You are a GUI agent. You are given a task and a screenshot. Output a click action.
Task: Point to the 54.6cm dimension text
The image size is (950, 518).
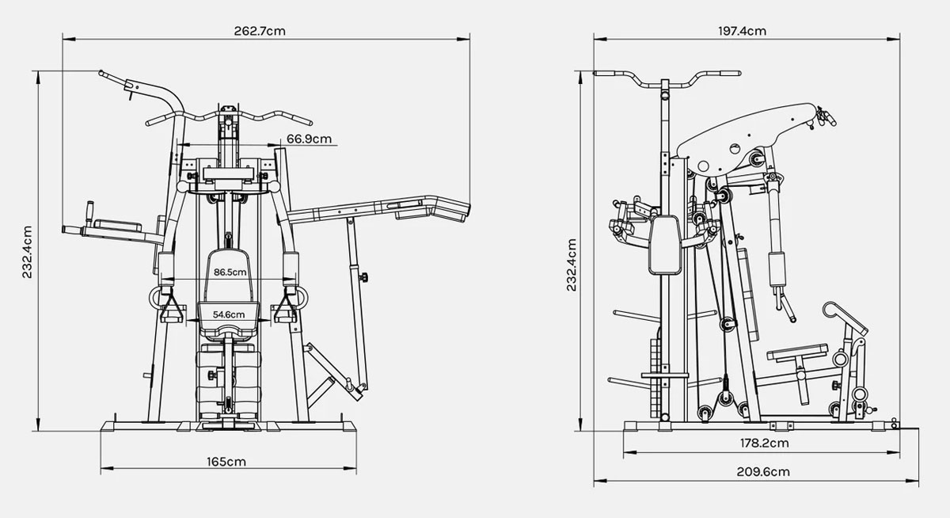[229, 314]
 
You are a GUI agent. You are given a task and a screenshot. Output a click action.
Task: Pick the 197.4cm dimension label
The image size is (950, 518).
[742, 31]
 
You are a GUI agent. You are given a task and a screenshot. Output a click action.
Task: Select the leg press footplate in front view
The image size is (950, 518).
[325, 371]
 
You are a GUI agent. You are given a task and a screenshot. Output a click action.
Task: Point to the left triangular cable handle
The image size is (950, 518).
[170, 310]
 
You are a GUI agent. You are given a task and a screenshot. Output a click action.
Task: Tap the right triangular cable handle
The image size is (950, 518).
[285, 310]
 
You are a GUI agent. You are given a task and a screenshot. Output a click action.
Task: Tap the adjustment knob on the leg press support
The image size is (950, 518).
[365, 277]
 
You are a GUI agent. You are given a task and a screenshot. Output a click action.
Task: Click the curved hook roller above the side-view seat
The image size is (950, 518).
[835, 310]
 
